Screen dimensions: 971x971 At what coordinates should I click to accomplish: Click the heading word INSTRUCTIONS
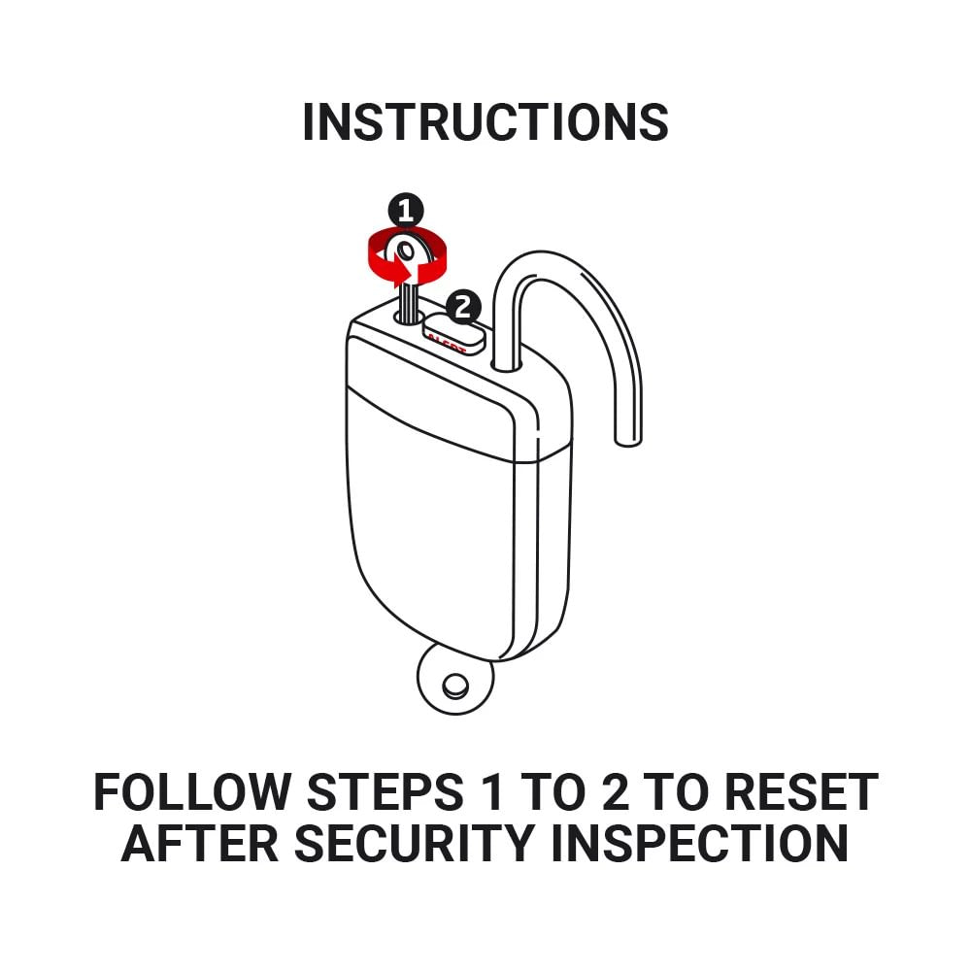point(485,122)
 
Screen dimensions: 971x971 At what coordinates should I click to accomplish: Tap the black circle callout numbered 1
point(405,210)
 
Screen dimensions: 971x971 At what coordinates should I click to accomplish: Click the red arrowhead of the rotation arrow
point(401,270)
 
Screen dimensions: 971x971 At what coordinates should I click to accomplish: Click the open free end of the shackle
point(628,437)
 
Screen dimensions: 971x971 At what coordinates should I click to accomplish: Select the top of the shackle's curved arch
point(544,254)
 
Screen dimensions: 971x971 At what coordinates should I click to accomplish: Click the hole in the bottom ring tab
point(453,686)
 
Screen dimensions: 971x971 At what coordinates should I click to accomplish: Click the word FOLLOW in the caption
point(191,793)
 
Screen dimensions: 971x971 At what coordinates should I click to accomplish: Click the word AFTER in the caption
point(199,844)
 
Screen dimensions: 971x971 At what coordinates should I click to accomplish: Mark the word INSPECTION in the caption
point(699,844)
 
